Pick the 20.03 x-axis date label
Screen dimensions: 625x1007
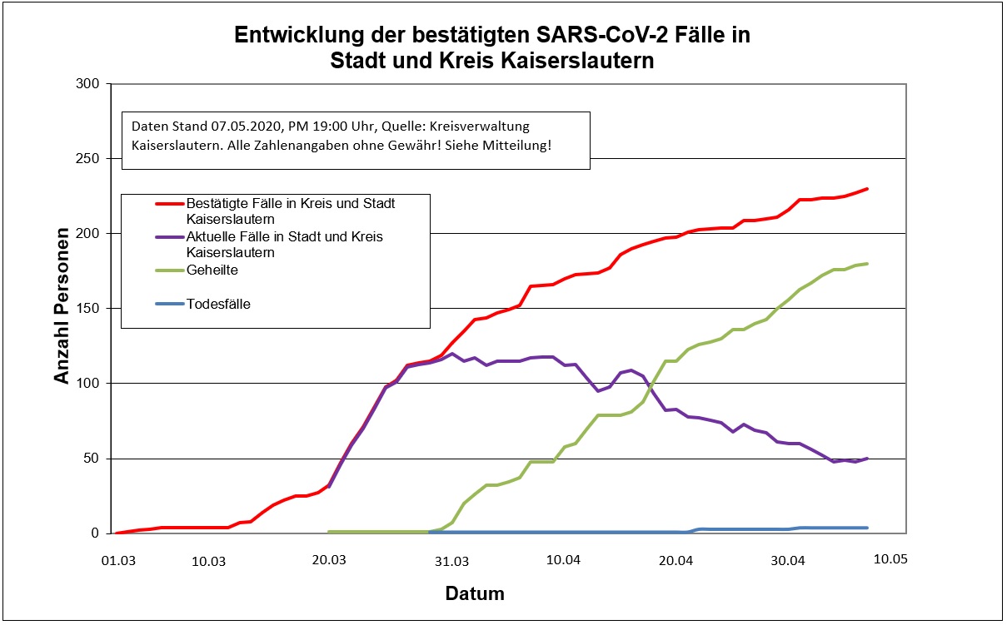coord(329,561)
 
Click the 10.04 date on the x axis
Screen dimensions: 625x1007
coord(563,561)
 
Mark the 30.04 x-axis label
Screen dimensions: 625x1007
coord(788,561)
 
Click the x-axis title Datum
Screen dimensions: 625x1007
coord(475,594)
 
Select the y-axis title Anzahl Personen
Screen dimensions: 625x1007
coord(62,309)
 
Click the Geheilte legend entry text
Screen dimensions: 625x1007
coord(212,270)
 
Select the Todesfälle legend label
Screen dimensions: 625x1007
coord(218,305)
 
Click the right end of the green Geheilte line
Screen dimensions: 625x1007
coord(867,264)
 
